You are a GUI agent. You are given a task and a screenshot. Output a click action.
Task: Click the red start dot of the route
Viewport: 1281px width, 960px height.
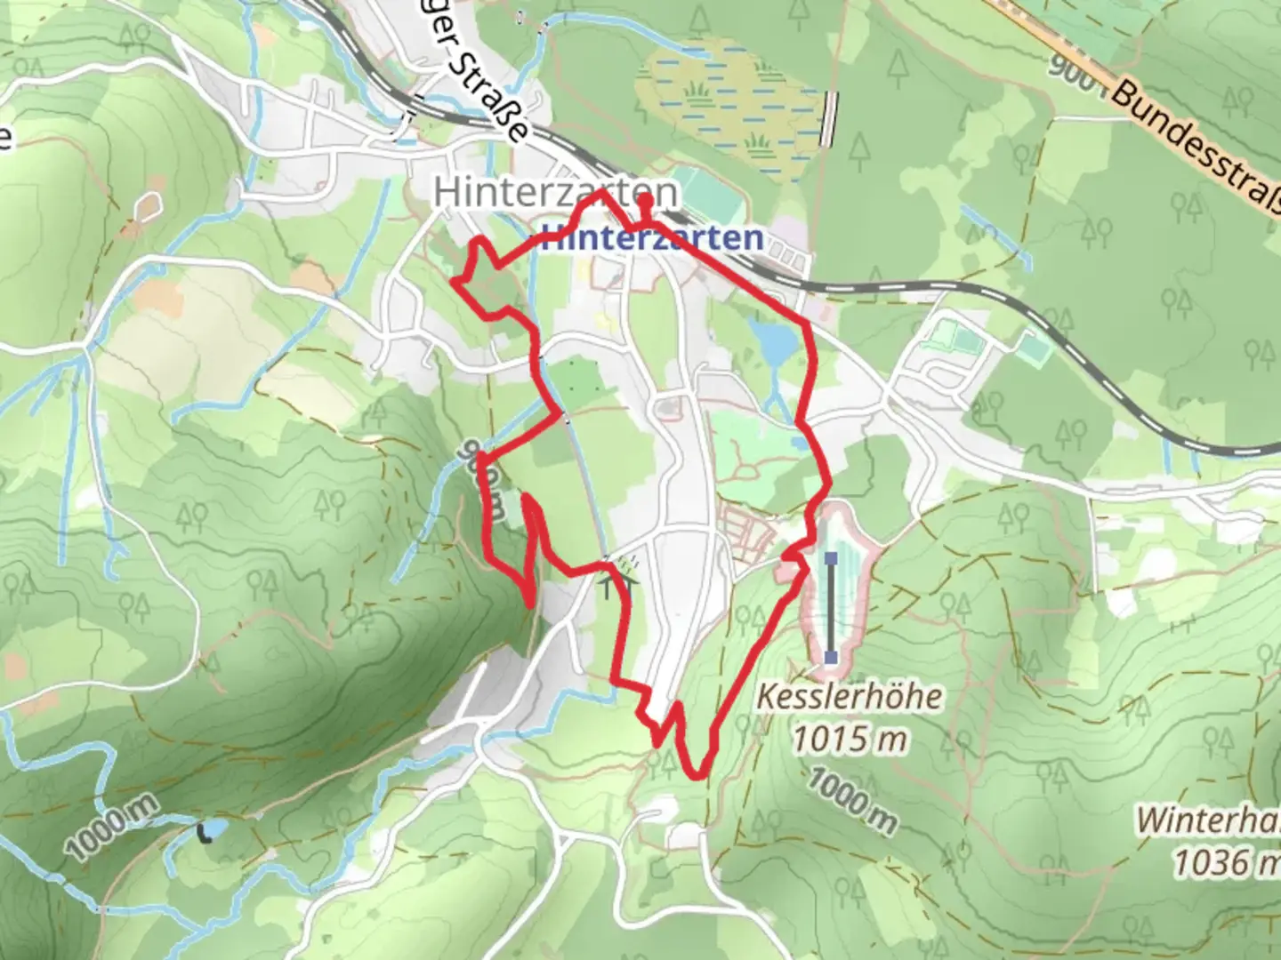pyautogui.click(x=644, y=202)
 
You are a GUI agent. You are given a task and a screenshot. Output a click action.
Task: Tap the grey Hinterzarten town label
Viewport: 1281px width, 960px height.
pyautogui.click(x=555, y=193)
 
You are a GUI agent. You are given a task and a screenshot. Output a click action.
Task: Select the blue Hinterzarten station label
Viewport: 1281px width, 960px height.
pyautogui.click(x=652, y=238)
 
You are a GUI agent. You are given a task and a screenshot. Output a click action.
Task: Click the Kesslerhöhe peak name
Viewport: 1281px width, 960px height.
pyautogui.click(x=849, y=696)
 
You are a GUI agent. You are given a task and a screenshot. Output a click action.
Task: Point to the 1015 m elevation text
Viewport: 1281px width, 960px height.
pyautogui.click(x=849, y=738)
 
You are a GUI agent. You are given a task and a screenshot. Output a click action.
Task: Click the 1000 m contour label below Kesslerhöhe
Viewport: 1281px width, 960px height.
pyautogui.click(x=851, y=803)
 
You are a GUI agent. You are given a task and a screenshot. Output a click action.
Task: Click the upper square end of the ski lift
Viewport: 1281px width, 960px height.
pyautogui.click(x=831, y=559)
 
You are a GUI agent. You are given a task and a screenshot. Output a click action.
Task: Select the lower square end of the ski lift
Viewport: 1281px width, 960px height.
pyautogui.click(x=831, y=658)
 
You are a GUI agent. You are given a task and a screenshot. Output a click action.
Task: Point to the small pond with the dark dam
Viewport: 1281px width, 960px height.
pyautogui.click(x=212, y=832)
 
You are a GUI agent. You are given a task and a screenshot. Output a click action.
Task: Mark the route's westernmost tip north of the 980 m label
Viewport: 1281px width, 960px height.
pyautogui.click(x=456, y=282)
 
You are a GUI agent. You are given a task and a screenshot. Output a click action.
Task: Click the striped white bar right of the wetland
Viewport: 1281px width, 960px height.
pyautogui.click(x=830, y=119)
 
